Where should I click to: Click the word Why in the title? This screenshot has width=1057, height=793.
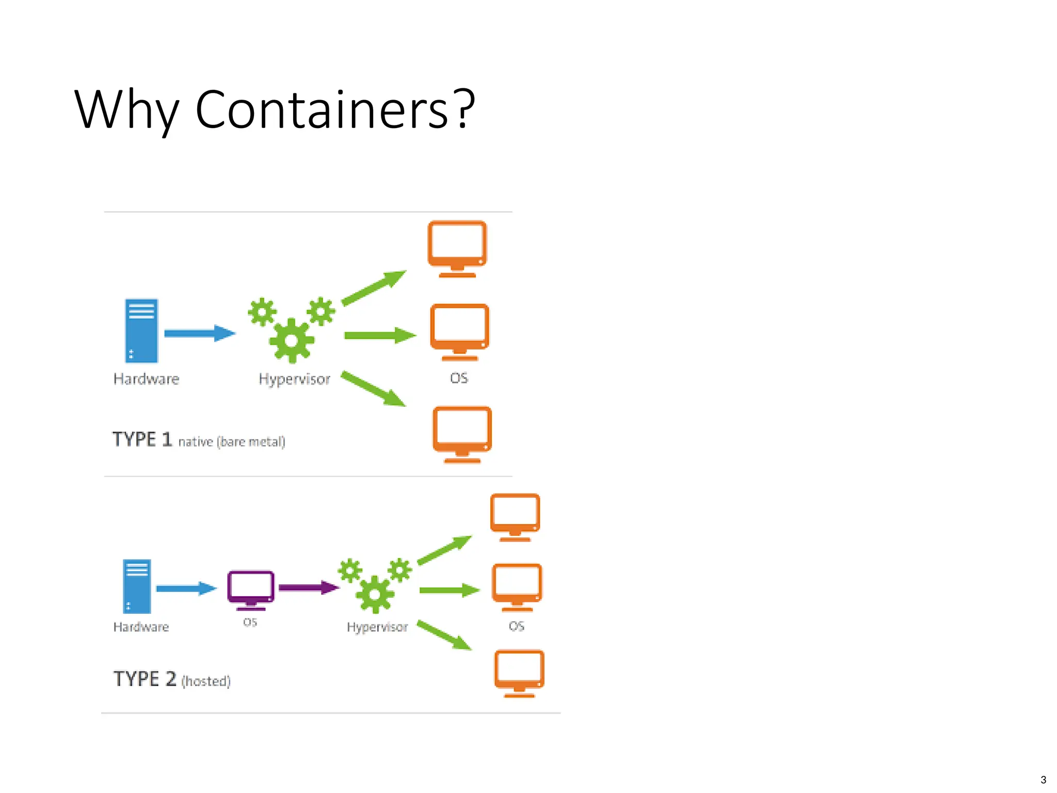coord(126,109)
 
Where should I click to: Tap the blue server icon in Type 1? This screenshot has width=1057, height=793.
coord(141,331)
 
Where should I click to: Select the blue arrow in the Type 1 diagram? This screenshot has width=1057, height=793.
coord(199,334)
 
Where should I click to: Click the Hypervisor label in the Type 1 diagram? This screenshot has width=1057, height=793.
coord(294,379)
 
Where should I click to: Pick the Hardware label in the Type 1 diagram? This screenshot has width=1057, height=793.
coord(146,379)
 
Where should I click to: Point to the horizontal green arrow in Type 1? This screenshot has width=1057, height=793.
coord(379,336)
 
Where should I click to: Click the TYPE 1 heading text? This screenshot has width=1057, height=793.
coord(142,439)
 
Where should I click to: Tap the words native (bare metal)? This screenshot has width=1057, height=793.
coord(232,442)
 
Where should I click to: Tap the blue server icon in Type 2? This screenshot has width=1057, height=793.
coord(137,586)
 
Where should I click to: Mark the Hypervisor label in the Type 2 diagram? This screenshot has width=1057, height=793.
coord(377,627)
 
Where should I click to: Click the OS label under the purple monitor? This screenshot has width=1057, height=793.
coord(250,622)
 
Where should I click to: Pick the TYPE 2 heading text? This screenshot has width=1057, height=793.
coord(145,679)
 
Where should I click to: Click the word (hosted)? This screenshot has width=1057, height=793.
coord(206,681)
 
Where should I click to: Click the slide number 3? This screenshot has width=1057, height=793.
coord(1043,780)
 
